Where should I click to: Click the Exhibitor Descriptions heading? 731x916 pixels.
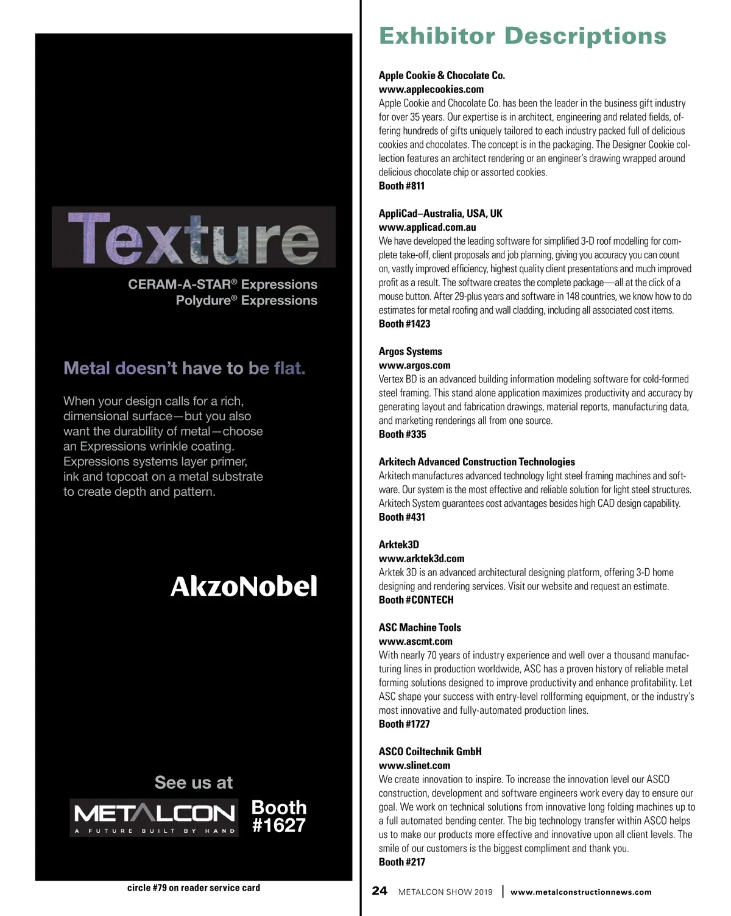[523, 36]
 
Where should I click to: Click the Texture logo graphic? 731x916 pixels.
[194, 238]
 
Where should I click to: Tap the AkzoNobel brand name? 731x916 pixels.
[244, 587]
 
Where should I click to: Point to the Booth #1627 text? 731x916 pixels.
[279, 816]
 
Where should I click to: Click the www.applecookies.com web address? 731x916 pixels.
[431, 90]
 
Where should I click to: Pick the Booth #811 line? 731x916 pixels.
[401, 186]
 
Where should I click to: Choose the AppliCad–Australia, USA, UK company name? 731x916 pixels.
[440, 214]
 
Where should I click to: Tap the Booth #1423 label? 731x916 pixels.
[404, 324]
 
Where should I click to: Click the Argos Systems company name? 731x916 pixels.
[411, 351]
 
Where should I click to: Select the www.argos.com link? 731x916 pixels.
[414, 365]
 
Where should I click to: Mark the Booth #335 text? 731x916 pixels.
[402, 434]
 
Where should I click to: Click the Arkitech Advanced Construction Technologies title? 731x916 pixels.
[477, 462]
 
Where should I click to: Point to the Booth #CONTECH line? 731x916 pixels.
[416, 600]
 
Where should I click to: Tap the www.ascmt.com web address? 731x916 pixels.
[415, 641]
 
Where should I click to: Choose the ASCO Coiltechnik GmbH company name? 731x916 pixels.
[430, 752]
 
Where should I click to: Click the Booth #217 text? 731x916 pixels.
[402, 862]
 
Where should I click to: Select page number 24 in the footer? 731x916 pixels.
[380, 891]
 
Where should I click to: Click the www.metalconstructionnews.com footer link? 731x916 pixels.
[581, 892]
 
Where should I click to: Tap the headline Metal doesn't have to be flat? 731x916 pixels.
[185, 368]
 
